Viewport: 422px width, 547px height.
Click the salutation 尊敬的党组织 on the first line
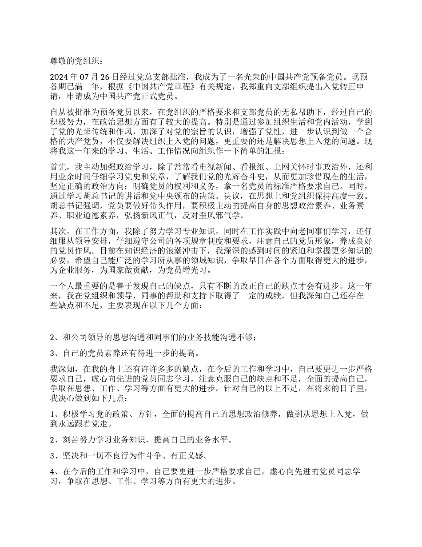76,60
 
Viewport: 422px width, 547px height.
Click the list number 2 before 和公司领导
52,338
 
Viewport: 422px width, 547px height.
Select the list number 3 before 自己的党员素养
52,354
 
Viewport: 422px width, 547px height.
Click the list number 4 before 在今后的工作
52,472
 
